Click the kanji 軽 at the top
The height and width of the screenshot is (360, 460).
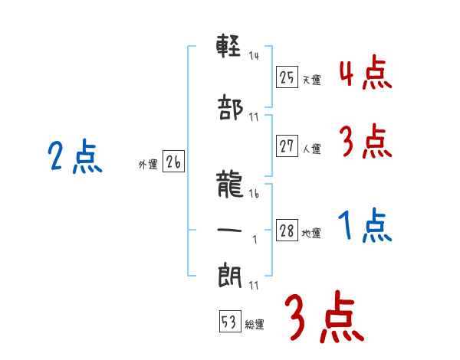tap(230, 47)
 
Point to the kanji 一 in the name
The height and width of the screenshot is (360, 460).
tap(230, 227)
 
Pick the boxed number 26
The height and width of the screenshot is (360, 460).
tap(173, 162)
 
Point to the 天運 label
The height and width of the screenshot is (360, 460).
tap(311, 80)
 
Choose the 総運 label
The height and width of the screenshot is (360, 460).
tap(255, 325)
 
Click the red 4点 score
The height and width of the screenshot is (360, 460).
tap(365, 73)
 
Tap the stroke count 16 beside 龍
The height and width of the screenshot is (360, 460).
tap(254, 195)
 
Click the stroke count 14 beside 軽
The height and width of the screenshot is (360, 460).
tap(254, 55)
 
